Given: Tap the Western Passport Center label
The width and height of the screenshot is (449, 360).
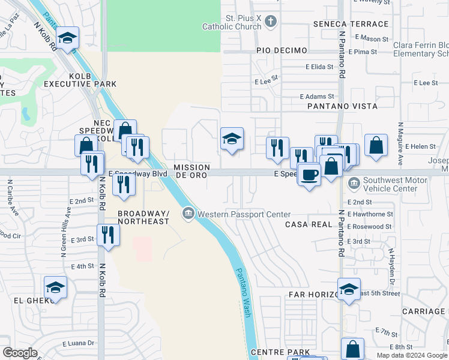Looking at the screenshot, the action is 244,214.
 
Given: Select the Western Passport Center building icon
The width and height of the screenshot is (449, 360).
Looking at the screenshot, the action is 188,214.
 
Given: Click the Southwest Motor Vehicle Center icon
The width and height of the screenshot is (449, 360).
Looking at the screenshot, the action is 353,182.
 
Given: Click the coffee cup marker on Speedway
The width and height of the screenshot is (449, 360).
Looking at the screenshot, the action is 309,175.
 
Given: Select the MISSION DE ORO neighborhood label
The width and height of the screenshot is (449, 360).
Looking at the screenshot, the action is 191,171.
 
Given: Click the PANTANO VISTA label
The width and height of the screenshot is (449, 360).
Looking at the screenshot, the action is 342,106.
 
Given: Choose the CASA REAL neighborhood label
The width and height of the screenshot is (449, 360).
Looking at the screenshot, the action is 309,224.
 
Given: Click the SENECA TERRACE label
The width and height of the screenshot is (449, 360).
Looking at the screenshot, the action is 351,24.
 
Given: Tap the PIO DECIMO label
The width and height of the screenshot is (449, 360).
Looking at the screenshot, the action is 282,50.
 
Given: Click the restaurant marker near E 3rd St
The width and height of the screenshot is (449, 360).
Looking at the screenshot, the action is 108,234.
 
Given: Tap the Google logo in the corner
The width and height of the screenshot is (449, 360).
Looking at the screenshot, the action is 20,353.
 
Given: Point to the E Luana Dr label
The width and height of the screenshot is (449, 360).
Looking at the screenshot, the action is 79,343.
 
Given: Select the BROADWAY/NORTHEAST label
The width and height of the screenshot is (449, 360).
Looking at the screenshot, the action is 143,217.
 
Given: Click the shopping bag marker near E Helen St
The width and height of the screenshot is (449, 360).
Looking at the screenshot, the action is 376,146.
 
